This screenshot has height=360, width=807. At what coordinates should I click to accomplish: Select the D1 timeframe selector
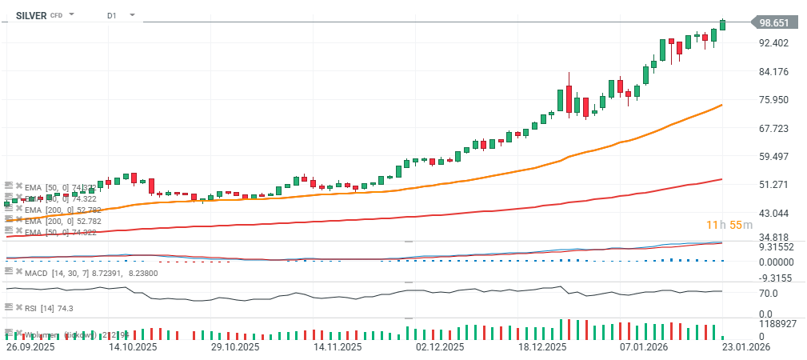pyautogui.click(x=111, y=15)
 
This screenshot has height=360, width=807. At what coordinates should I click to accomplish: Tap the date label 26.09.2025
pyautogui.click(x=30, y=348)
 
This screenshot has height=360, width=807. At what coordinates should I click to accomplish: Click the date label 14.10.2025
pyautogui.click(x=132, y=348)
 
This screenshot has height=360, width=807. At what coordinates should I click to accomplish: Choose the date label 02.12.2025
pyautogui.click(x=440, y=348)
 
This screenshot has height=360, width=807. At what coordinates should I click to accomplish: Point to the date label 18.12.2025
pyautogui.click(x=542, y=348)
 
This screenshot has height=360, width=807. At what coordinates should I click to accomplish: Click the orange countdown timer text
pyautogui.click(x=729, y=225)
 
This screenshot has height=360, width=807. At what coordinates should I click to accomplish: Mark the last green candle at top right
pyautogui.click(x=723, y=25)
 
